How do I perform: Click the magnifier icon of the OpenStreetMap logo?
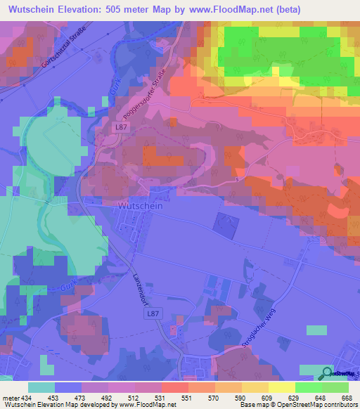pyautogui.click(x=327, y=373)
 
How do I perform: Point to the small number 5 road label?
pyautogui.click(x=238, y=181)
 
